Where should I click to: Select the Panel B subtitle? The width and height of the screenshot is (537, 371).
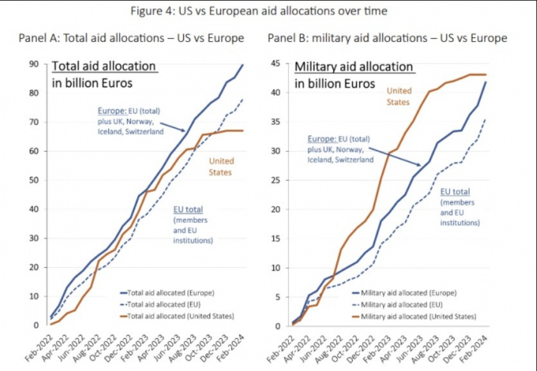[x=387, y=39]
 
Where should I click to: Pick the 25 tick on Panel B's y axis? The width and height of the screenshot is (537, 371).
[x=277, y=181]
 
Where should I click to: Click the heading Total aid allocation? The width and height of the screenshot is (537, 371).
[x=103, y=67]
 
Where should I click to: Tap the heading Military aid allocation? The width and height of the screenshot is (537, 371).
[x=353, y=67]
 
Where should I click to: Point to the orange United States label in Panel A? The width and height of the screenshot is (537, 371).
[x=221, y=167]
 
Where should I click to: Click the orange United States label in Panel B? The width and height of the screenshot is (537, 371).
[x=399, y=96]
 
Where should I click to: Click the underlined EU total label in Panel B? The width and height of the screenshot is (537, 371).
[x=455, y=192]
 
